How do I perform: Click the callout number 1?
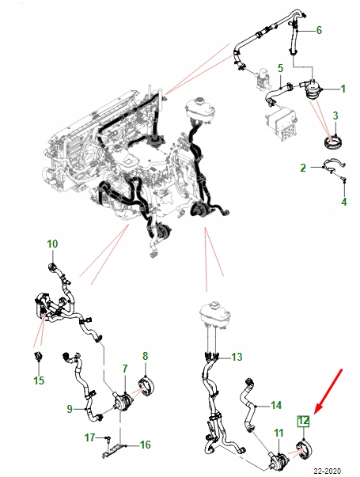point(343,89)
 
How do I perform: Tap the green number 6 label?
point(319,30)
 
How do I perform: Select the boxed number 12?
point(303,422)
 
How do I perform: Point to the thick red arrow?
point(328,392)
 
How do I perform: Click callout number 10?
point(52,244)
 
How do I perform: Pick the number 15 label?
point(39,380)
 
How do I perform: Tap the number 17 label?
point(89,437)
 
